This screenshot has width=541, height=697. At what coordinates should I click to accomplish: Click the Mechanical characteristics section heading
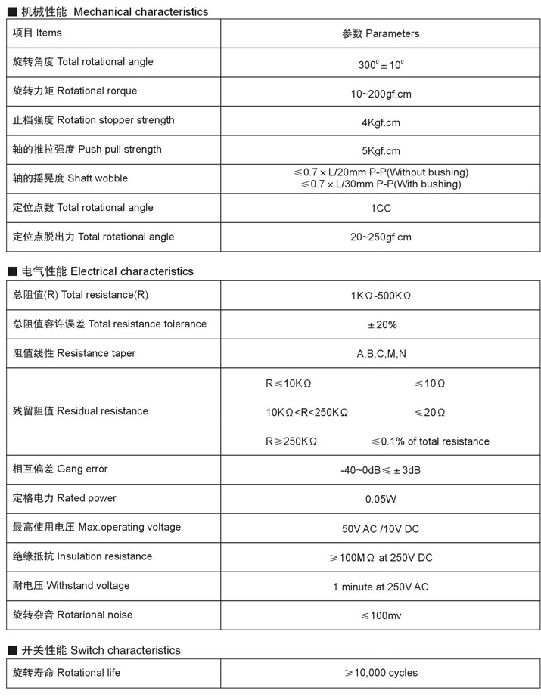point(113,11)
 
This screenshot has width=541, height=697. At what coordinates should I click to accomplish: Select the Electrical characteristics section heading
point(107,271)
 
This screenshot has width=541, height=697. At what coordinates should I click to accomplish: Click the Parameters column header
point(381,33)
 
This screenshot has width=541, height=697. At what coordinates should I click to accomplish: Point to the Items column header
point(38,33)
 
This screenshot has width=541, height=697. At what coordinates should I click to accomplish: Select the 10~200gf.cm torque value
point(381,94)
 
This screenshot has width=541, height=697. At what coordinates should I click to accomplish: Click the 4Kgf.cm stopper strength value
point(381,122)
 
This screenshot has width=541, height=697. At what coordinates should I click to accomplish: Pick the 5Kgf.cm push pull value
point(381,151)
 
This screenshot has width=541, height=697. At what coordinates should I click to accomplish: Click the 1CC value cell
point(381,208)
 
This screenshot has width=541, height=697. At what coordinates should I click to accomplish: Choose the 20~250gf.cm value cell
point(381,237)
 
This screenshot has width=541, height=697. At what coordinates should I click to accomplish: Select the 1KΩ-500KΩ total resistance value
point(381,296)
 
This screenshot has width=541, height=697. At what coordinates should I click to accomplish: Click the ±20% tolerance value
point(381,324)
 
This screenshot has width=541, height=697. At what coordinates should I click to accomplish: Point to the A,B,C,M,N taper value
point(381,354)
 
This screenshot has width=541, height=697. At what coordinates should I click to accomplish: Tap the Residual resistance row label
point(80,411)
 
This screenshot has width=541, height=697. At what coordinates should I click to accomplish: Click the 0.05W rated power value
point(381,499)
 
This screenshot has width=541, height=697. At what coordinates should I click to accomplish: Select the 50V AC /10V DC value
point(381,528)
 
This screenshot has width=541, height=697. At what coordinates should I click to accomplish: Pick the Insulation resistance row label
point(82,556)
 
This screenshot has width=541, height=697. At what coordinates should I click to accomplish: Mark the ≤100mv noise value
point(381,616)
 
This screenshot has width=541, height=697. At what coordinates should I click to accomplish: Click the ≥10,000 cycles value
point(381,673)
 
